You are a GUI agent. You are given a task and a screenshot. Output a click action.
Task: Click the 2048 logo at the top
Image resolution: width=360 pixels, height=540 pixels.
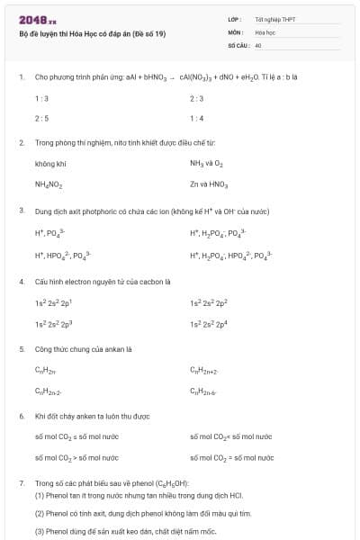37,19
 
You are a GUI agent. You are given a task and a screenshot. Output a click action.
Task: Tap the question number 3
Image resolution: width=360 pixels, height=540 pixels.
22,210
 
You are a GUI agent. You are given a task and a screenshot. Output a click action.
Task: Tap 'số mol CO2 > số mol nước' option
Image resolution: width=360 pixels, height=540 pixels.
76,457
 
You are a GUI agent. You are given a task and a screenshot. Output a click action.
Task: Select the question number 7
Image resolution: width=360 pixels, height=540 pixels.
22,484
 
